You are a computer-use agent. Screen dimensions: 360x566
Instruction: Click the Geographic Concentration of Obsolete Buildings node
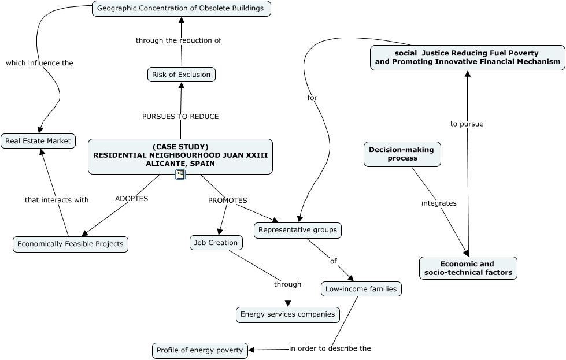tap(181, 9)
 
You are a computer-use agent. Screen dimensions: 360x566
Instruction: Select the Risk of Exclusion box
tap(182, 75)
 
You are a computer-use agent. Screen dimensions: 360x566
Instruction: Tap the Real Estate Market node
tap(38, 141)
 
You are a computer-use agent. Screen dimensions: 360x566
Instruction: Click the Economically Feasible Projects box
tap(71, 244)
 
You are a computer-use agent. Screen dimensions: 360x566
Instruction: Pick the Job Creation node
tap(216, 243)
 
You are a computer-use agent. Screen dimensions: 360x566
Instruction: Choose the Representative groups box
tap(298, 230)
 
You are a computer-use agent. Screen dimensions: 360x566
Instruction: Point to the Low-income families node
tap(361, 289)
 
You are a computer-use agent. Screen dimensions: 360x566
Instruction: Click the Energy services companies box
tap(287, 315)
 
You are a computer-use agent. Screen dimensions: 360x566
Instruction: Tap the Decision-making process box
tap(402, 154)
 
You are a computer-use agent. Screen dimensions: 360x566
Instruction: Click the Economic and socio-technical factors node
tap(468, 268)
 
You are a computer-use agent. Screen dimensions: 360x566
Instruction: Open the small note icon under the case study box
tap(180, 175)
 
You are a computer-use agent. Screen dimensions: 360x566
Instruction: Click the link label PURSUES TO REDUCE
tap(180, 117)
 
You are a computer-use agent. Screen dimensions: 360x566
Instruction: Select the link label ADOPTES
tap(131, 199)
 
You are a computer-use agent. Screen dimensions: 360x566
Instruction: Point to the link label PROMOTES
tap(227, 201)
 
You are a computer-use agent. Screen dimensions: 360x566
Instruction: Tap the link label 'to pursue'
tap(467, 124)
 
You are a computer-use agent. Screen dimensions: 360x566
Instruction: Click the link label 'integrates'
tap(439, 203)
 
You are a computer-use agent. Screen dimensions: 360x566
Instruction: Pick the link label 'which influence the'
tap(39, 63)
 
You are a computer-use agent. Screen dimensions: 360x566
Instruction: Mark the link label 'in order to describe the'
tap(330, 348)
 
